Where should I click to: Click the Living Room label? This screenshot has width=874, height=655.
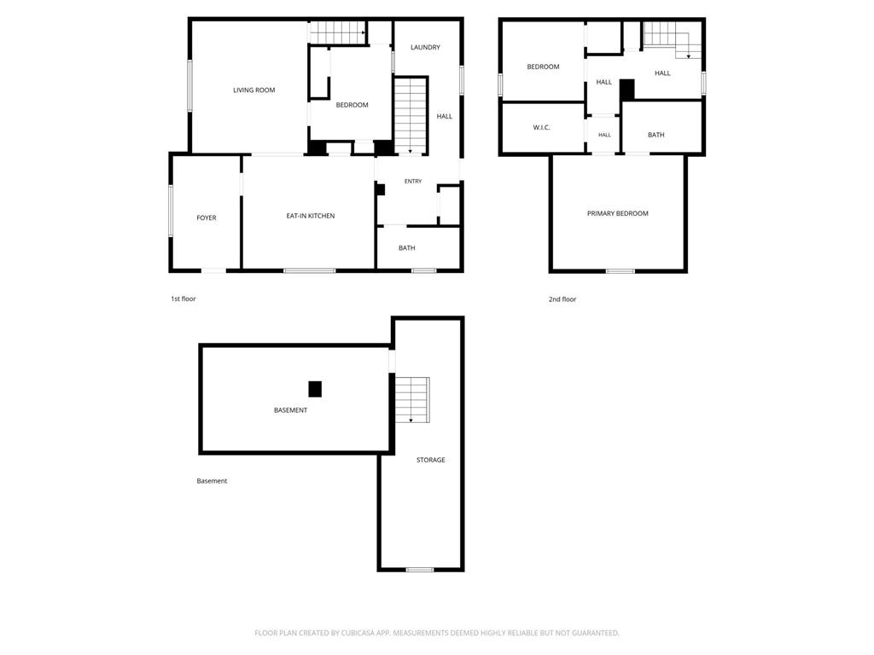tap(254, 90)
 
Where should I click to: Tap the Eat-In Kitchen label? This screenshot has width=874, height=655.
tap(311, 216)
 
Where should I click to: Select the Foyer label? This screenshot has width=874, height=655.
tap(207, 217)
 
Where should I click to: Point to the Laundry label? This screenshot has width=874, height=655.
tap(425, 48)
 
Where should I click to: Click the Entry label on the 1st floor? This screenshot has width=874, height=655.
tap(413, 181)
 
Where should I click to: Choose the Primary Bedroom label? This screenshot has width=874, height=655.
tap(618, 213)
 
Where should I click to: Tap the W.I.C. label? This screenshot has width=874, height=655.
tap(541, 128)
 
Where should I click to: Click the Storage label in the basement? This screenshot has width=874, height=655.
tap(431, 460)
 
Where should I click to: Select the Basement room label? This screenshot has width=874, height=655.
tap(290, 410)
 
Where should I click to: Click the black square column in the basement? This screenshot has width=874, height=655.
tap(315, 389)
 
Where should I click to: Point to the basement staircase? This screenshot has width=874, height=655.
tap(412, 400)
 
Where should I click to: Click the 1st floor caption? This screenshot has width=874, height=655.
tap(184, 299)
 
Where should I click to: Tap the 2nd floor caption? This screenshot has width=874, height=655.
tap(562, 299)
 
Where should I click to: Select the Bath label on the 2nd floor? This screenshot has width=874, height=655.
tap(656, 135)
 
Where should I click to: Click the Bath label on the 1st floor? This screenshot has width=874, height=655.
tap(407, 248)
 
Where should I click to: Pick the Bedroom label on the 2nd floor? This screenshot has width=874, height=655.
tap(543, 67)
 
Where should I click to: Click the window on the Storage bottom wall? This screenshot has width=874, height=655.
tap(420, 569)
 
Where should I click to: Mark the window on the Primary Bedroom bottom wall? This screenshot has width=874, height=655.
tap(621, 271)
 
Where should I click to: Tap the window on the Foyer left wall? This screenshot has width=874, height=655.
tap(171, 212)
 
